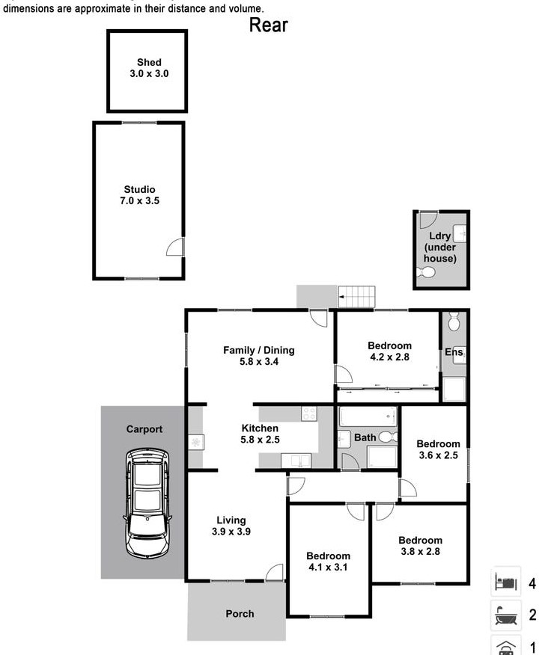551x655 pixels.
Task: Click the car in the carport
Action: point(147,502)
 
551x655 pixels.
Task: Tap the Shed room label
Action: point(149,62)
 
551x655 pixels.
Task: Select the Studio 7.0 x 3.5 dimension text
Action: point(140,200)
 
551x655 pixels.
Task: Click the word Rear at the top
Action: point(268,25)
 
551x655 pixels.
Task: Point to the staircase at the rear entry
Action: point(356,297)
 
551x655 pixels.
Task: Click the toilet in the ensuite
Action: point(454,322)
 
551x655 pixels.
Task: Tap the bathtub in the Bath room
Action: point(368,416)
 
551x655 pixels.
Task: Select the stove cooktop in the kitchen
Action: point(309,413)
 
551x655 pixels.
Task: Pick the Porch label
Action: point(240,614)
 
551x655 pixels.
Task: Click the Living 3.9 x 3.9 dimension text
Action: point(231,532)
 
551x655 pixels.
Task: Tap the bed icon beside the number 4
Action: point(506,582)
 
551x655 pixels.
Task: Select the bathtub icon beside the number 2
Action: point(506,615)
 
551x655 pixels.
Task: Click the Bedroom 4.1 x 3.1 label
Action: point(328,562)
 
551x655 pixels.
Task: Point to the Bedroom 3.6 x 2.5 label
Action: point(439,449)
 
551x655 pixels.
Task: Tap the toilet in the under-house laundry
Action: point(426,273)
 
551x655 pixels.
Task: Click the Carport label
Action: point(144,429)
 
